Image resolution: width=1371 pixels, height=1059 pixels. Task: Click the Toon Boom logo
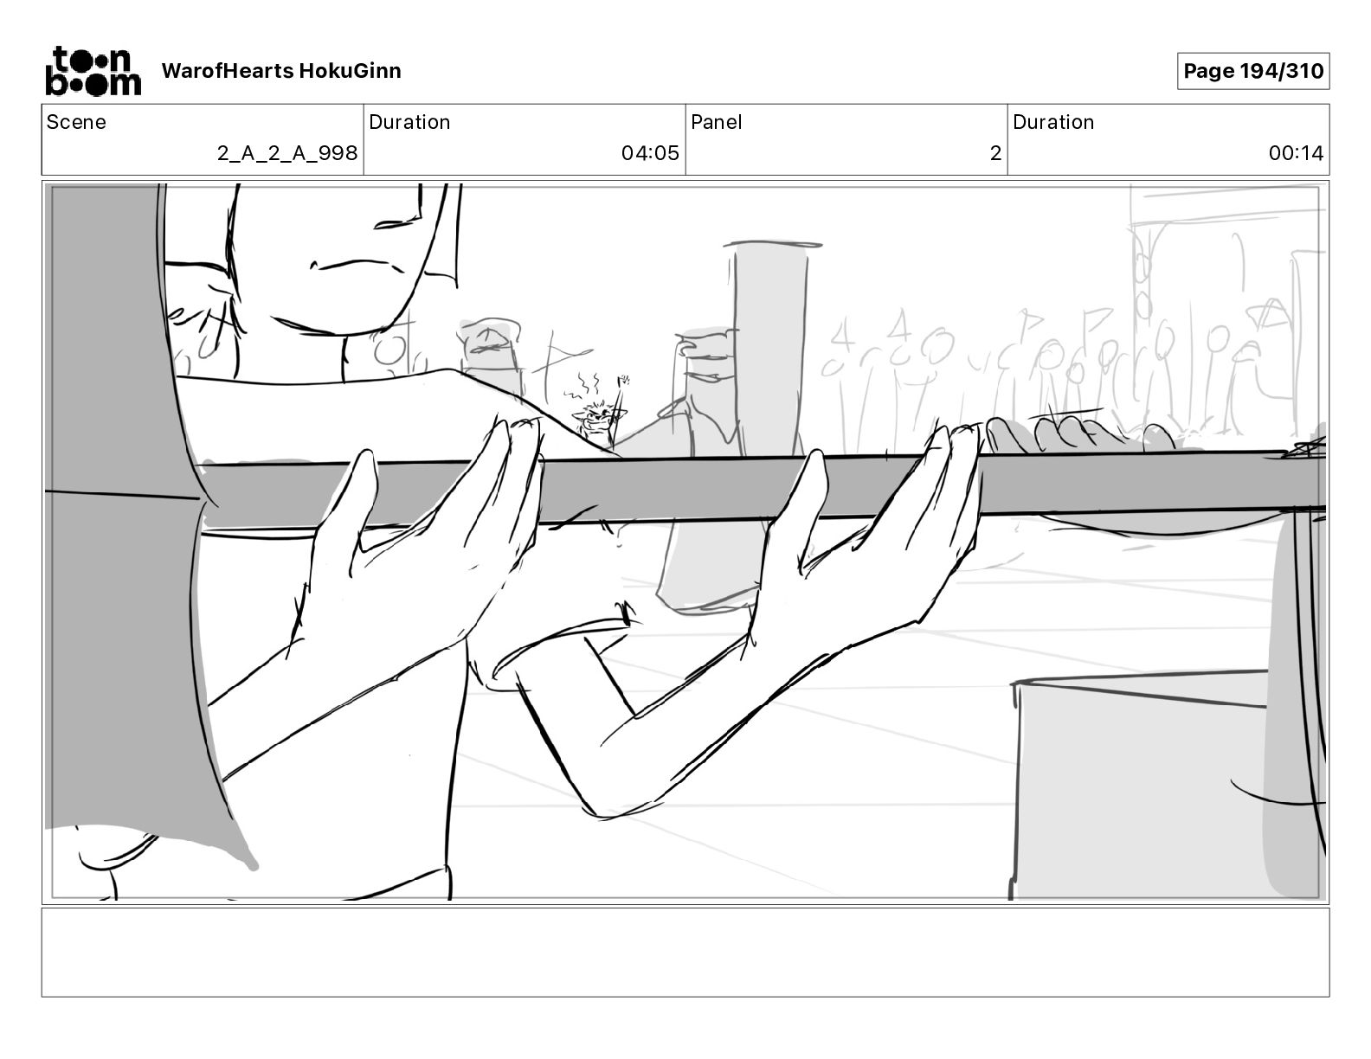(x=93, y=71)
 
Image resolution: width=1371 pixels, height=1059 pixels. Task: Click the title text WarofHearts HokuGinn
(x=281, y=71)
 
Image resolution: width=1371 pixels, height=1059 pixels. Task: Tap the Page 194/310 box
(x=1252, y=71)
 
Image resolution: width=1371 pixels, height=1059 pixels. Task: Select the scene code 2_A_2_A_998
(x=287, y=154)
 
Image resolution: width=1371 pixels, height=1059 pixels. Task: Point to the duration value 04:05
(x=650, y=154)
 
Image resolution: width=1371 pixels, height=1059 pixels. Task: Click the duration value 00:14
(x=1296, y=154)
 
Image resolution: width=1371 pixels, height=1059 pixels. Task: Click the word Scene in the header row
(x=76, y=122)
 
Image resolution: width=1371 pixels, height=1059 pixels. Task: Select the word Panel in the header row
(x=716, y=122)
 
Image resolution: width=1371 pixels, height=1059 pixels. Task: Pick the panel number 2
(x=995, y=154)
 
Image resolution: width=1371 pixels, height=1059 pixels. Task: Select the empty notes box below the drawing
(x=685, y=952)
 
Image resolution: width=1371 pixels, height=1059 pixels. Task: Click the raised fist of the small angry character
(x=621, y=380)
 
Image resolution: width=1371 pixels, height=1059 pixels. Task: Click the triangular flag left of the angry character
(x=563, y=355)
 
